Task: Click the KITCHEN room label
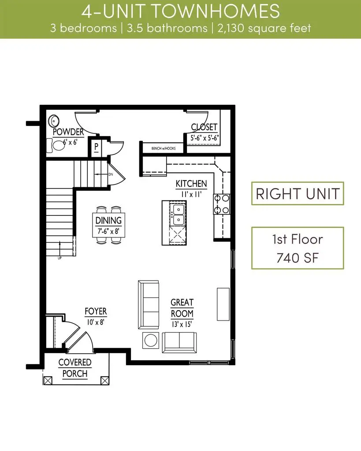coord(191,183)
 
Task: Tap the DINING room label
coord(108,220)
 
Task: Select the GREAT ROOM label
coord(182,308)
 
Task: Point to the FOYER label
coord(96,312)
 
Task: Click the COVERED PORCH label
coord(75,368)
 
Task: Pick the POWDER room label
coord(68,132)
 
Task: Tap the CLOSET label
coord(205,127)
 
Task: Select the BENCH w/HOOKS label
coord(163,148)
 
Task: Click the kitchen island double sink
coord(179,214)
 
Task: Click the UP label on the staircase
coord(59,258)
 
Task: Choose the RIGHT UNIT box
coord(298,193)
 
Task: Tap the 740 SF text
coord(298,258)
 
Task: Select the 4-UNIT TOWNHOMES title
coord(180,11)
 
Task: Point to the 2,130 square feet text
coord(263,28)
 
